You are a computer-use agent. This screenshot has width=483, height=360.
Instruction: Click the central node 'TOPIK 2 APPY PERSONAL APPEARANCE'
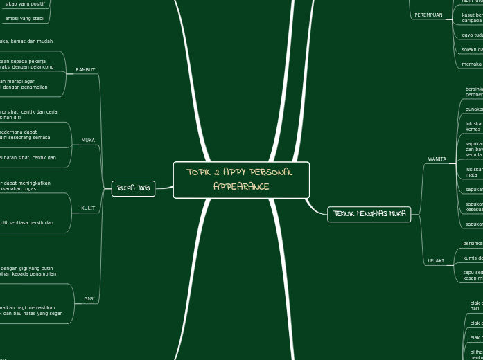[240, 179]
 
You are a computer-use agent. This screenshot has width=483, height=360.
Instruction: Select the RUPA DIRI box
[133, 188]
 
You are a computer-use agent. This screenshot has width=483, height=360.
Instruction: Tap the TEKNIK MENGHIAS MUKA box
[369, 214]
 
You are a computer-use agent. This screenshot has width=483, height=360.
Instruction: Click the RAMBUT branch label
[85, 70]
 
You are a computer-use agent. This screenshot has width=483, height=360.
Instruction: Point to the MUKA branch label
[88, 141]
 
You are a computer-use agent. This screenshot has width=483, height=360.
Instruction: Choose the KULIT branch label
[88, 208]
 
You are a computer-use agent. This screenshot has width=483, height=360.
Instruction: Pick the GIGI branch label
[89, 299]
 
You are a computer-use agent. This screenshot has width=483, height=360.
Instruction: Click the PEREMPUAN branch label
[428, 15]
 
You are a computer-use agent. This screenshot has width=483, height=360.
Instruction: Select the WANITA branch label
[437, 159]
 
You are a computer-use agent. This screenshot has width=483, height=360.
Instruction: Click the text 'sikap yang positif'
[24, 3]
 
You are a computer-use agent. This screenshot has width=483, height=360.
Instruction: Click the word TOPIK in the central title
[199, 172]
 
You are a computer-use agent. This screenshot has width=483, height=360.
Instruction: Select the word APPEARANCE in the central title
[240, 187]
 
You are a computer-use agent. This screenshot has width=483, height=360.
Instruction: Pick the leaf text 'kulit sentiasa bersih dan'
[26, 223]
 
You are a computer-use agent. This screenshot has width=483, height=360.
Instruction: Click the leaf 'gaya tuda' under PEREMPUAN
[472, 35]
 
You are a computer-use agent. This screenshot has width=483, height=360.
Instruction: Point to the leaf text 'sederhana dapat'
[19, 132]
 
